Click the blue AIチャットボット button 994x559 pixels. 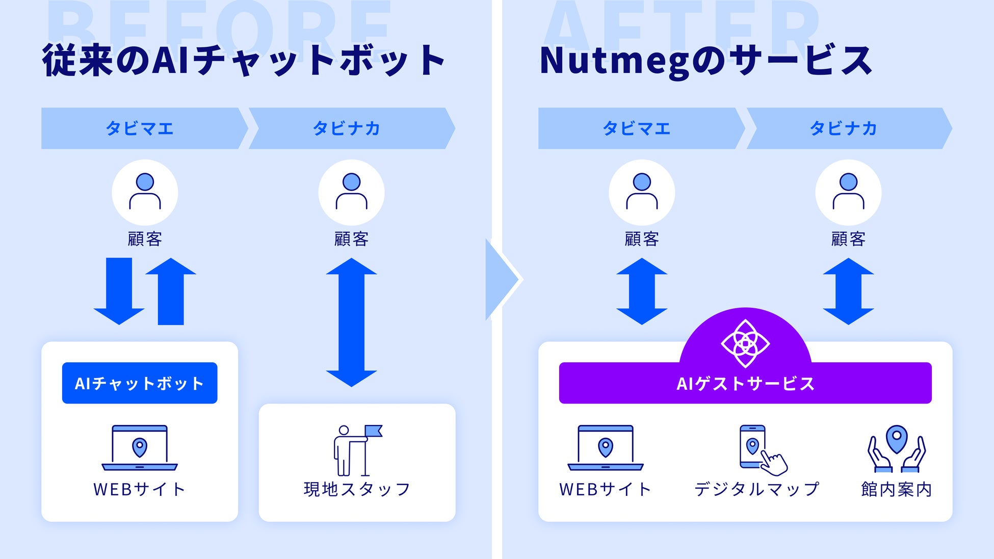(x=140, y=383)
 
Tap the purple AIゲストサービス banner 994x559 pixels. (x=745, y=384)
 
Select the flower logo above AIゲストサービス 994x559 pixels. (x=745, y=343)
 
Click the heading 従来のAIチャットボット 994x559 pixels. (x=244, y=61)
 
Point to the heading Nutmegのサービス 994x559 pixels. (x=706, y=61)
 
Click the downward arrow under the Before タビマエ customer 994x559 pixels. (x=119, y=290)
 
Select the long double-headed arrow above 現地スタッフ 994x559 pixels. (x=351, y=322)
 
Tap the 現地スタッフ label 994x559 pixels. (x=357, y=489)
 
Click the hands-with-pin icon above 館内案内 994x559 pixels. (x=897, y=448)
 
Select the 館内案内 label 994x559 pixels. (x=897, y=489)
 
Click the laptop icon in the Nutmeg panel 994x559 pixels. (x=606, y=447)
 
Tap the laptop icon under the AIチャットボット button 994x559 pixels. (x=140, y=447)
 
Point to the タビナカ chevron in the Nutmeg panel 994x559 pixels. (x=844, y=128)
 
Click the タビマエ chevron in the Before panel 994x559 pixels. (x=140, y=128)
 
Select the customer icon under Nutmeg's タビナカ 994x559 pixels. (x=848, y=193)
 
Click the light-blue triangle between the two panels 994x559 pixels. (x=500, y=279)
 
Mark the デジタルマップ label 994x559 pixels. (x=756, y=489)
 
